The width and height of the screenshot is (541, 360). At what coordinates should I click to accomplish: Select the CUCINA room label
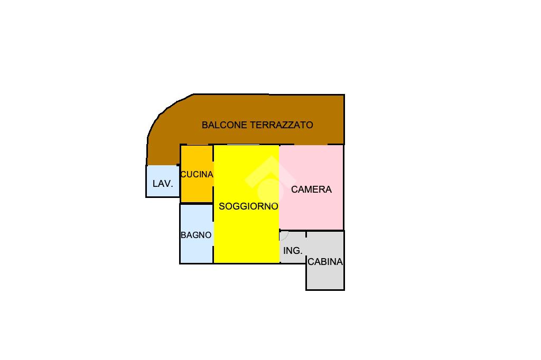pos(197,174)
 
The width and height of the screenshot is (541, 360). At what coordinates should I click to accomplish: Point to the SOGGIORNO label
pos(248,206)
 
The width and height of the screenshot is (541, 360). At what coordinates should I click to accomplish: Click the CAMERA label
pos(311,189)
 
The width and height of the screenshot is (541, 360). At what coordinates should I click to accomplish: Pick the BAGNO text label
pos(196,235)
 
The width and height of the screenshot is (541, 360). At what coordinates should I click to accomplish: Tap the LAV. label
pos(163,184)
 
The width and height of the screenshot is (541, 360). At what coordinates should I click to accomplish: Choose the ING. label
pos(293,251)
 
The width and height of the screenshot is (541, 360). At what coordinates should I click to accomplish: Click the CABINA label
pos(325,261)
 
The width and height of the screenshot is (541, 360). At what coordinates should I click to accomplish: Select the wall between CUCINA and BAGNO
pos(197,203)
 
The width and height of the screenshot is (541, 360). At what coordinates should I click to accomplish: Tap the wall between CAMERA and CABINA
pos(325,231)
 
